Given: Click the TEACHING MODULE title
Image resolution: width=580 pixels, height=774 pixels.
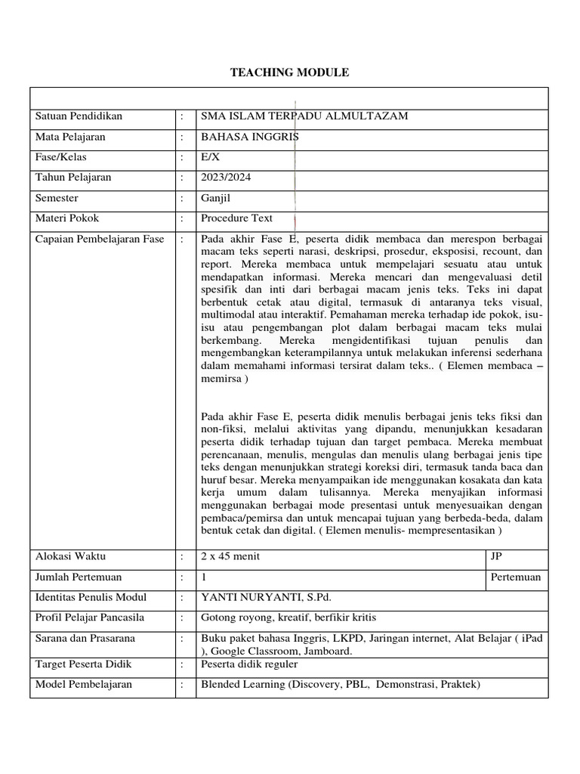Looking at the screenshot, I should (289, 73).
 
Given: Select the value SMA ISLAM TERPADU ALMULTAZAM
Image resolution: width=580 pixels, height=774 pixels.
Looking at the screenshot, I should (304, 116).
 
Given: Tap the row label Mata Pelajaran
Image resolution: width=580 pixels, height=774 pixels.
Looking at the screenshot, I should (70, 137).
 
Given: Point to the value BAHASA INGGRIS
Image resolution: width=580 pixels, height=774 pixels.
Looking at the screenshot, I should (245, 137).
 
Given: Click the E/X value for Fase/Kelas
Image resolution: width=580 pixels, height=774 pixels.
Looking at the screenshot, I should (208, 157).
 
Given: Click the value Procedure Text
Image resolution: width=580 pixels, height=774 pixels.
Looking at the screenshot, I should (236, 218).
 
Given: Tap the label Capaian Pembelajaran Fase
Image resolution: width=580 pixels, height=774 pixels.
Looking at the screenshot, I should (100, 240).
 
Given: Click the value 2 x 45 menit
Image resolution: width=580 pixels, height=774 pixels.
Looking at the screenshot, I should (230, 556).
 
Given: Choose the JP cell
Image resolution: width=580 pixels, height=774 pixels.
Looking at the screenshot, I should (496, 556).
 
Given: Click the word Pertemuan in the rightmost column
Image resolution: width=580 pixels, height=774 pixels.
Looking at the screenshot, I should (515, 577).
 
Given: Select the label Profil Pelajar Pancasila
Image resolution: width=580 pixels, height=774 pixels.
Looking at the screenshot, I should (90, 618).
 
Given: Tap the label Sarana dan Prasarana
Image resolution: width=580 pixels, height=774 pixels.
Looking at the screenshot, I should (85, 639).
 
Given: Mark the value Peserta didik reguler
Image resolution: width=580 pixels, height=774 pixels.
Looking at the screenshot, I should (249, 664).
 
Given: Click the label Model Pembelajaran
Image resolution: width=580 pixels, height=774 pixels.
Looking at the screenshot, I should (84, 685).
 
